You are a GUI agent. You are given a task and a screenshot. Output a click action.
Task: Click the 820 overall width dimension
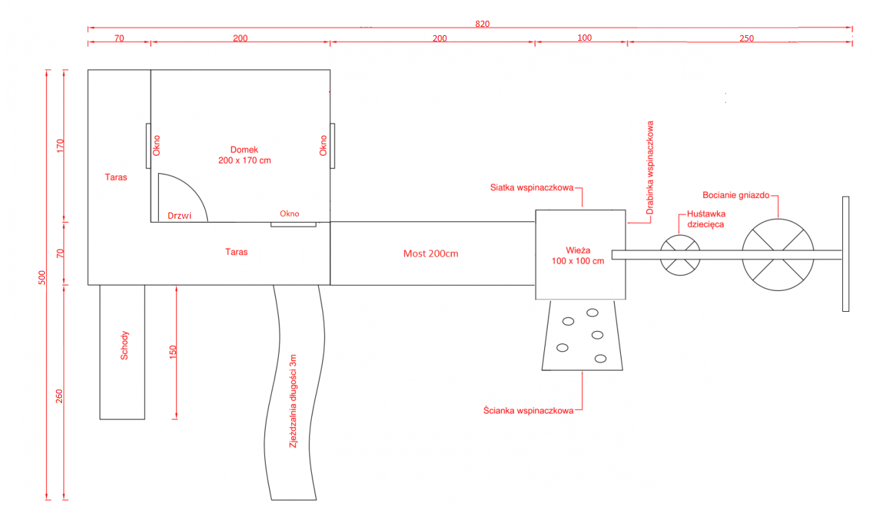click(x=482, y=24)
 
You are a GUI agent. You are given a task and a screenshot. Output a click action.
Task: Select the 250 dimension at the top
click(x=746, y=38)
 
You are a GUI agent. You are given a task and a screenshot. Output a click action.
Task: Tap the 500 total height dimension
click(x=42, y=277)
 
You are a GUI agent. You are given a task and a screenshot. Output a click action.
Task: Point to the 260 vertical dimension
click(x=59, y=396)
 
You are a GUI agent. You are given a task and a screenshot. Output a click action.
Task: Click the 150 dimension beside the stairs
click(x=172, y=352)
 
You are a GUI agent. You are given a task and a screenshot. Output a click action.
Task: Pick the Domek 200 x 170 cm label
click(x=244, y=155)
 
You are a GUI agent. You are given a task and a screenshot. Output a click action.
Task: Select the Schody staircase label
click(x=124, y=346)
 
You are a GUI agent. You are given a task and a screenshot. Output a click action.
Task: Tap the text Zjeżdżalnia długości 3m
click(x=292, y=401)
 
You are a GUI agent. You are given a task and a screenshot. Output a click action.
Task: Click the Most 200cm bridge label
click(x=430, y=253)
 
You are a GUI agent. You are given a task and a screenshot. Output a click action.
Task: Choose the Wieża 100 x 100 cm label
click(x=577, y=255)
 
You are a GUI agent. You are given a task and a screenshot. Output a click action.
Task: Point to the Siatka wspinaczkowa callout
click(x=531, y=188)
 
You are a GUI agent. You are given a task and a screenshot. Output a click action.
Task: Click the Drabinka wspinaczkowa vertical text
click(x=650, y=168)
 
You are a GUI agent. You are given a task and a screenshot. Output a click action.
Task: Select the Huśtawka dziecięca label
click(x=706, y=219)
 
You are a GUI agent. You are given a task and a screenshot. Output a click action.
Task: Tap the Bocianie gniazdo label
click(x=736, y=195)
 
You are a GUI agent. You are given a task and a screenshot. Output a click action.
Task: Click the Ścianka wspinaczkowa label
click(x=528, y=410)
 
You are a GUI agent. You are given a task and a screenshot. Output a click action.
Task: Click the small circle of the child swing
click(x=680, y=236)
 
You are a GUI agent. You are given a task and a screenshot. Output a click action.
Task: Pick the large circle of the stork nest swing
click(x=777, y=219)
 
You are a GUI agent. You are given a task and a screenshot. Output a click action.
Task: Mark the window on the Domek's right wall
click(x=333, y=146)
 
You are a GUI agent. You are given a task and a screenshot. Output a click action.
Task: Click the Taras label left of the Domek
click(x=116, y=177)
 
